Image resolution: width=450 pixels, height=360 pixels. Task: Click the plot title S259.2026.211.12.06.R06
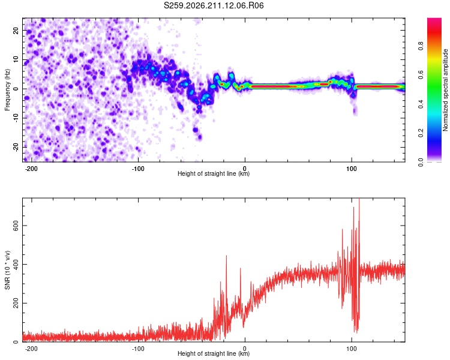pos(214,5)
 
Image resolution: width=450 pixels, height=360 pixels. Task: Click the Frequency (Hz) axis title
pos(7,90)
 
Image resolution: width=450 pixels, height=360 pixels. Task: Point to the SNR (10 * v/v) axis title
pos(7,270)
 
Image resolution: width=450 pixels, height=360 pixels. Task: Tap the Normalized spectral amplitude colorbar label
pos(445,90)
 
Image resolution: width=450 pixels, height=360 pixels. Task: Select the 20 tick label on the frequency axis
pos(16,31)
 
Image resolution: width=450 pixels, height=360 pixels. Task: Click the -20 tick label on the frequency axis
pos(16,148)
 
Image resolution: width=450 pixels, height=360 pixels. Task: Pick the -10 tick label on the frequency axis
pos(16,118)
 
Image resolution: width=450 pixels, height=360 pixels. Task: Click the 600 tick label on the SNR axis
pos(16,226)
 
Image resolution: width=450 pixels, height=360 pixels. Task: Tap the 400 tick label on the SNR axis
pos(16,265)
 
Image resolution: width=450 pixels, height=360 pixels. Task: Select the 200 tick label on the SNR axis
pos(16,303)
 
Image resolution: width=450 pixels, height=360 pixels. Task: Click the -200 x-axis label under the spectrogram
pos(31,169)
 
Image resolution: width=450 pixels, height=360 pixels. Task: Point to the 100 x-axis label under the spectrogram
pos(352,169)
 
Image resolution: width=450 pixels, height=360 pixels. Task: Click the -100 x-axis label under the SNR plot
pos(138,349)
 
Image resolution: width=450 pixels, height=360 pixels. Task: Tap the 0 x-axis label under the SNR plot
pos(245,349)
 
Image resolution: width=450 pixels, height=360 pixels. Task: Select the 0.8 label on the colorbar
pos(421,46)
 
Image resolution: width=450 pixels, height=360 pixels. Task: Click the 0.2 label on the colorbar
pos(421,133)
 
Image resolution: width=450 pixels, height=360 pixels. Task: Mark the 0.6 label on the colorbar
pos(421,75)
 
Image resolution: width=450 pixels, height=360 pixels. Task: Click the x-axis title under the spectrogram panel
pos(214,173)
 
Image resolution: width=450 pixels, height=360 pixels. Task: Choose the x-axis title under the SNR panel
pos(214,353)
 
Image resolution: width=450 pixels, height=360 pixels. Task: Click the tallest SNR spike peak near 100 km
pos(359,199)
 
